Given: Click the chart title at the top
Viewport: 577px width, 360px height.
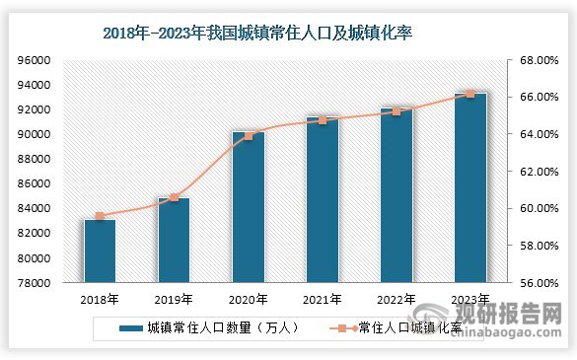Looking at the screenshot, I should [x=256, y=33].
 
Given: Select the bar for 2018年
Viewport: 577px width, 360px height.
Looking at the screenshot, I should [x=100, y=251].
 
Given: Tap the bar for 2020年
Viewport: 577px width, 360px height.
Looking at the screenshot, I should [x=248, y=207].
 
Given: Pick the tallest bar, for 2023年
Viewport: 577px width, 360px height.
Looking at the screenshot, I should [x=469, y=187].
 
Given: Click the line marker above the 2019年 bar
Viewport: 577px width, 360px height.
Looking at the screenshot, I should [x=174, y=197].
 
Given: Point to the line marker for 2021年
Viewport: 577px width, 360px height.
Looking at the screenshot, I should [x=322, y=120].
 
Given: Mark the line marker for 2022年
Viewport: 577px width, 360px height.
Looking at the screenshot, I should [x=396, y=111].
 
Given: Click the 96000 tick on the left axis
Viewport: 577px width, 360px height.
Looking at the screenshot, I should [x=35, y=60].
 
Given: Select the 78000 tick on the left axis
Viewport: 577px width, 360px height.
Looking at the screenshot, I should [x=35, y=283].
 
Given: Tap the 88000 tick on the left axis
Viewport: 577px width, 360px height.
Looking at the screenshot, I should [x=35, y=159].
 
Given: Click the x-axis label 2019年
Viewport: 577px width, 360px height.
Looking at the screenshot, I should [x=174, y=300].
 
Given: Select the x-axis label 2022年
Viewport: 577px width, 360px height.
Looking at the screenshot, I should [x=396, y=300].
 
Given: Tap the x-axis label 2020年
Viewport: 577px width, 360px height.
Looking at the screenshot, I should [x=248, y=300].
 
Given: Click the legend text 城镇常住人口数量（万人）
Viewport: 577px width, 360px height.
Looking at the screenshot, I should [x=216, y=328].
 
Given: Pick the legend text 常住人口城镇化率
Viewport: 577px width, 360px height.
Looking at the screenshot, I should [x=408, y=328].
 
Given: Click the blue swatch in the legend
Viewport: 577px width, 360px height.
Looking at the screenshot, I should [x=129, y=328].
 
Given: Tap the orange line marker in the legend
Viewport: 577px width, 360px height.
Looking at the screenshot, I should [x=341, y=328].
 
